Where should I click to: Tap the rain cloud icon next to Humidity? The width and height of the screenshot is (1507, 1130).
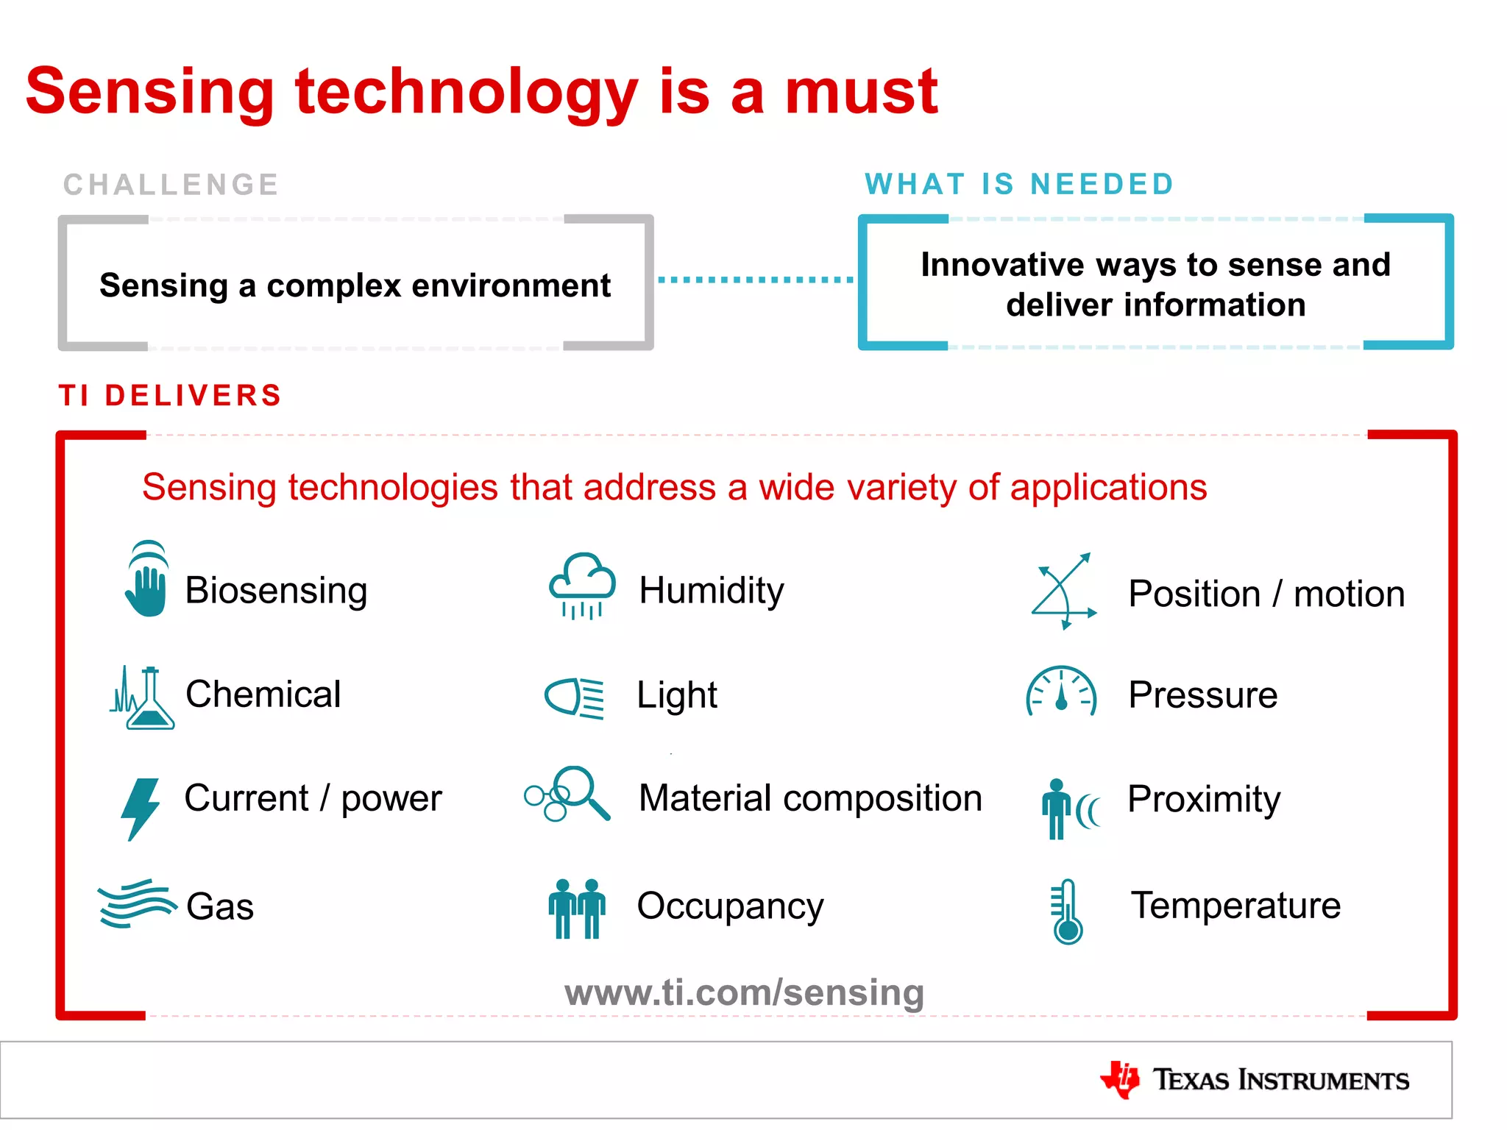582,585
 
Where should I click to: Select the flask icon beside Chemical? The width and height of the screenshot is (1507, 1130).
143,697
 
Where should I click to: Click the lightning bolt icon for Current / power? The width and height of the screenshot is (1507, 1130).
140,808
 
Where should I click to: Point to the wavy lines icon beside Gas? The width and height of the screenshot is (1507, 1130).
137,903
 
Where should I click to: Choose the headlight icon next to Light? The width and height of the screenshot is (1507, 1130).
575,696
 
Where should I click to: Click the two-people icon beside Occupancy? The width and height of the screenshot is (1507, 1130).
577,909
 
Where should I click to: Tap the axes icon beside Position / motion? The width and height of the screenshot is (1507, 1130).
1063,591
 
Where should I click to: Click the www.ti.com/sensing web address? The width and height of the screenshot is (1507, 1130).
744,992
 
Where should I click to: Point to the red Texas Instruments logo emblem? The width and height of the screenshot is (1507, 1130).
1120,1079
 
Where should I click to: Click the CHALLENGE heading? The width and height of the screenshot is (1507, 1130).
171,185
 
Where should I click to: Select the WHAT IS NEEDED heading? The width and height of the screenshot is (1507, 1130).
1018,184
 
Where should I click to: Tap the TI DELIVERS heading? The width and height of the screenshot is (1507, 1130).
171,396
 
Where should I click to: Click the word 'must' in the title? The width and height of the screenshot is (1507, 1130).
861,92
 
